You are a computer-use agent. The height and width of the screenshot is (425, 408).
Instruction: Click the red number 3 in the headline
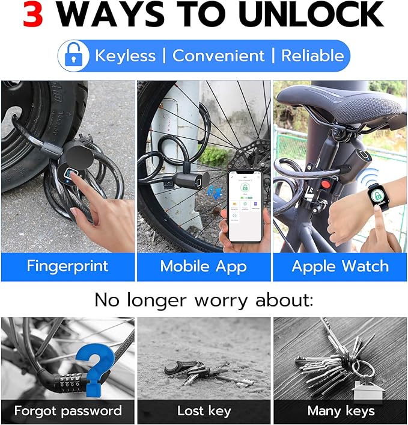pyautogui.click(x=33, y=15)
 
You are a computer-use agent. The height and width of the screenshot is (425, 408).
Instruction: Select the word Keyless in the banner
pyautogui.click(x=125, y=56)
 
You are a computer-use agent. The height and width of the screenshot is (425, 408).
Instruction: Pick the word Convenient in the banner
pyautogui.click(x=218, y=56)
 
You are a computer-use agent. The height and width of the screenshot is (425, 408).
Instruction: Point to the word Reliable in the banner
pyautogui.click(x=312, y=56)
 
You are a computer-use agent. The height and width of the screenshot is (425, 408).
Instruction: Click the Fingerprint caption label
pyautogui.click(x=68, y=267)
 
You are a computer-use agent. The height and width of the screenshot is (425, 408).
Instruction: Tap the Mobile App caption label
pyautogui.click(x=204, y=267)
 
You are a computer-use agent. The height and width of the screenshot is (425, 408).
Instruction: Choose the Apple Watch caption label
pyautogui.click(x=340, y=267)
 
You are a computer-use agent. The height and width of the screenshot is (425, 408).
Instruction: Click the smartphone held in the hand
pyautogui.click(x=245, y=205)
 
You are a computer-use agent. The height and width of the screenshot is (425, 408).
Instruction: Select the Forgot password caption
pyautogui.click(x=68, y=411)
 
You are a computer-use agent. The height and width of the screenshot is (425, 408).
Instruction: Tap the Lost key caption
pyautogui.click(x=204, y=411)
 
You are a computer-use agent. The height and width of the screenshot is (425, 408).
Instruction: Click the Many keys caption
pyautogui.click(x=340, y=411)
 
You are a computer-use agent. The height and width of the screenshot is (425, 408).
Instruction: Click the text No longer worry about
pyautogui.click(x=204, y=299)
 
